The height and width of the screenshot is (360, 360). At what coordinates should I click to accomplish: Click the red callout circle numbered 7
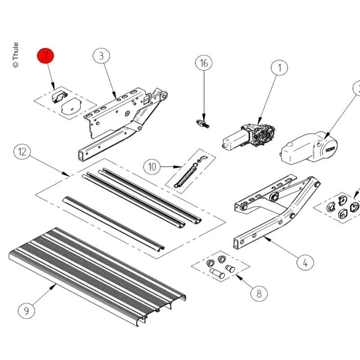(x=45, y=56)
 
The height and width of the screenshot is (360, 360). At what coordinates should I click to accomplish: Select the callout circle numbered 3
(x=101, y=56)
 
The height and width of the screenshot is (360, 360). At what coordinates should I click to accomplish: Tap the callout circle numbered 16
(x=204, y=63)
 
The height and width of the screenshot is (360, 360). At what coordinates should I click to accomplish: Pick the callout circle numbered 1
(x=279, y=68)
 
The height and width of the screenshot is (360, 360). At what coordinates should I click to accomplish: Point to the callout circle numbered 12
(x=22, y=152)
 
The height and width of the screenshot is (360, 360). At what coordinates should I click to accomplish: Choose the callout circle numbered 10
(x=152, y=166)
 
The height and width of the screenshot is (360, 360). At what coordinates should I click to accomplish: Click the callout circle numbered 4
(x=305, y=262)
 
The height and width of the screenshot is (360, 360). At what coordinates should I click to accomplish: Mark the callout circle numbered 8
(x=259, y=293)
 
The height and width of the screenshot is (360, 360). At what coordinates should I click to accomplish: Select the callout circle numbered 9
(x=27, y=310)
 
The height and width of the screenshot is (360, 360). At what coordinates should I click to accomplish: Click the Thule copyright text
(x=16, y=55)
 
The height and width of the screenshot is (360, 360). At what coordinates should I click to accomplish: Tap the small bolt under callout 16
(x=203, y=124)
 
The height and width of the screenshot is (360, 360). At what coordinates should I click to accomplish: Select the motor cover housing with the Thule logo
(x=309, y=148)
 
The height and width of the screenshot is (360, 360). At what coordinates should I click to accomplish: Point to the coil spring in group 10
(x=186, y=175)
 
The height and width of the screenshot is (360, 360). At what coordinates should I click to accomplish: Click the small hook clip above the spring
(x=202, y=159)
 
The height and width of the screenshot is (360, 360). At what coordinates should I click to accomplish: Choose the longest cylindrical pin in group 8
(x=217, y=274)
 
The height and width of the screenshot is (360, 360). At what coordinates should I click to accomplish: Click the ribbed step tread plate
(x=98, y=276)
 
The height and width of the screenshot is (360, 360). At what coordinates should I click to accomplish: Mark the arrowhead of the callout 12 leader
(x=67, y=175)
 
